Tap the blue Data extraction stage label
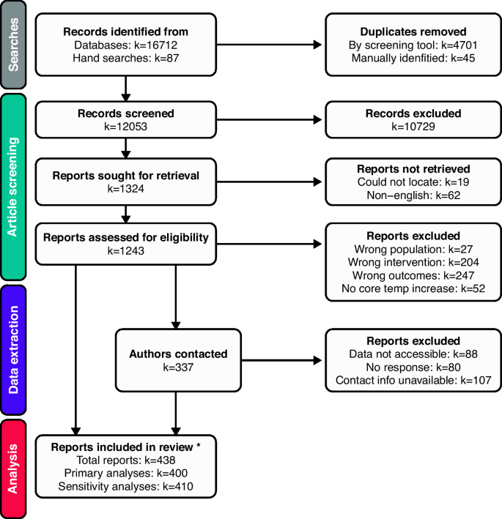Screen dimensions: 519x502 tap(15, 351)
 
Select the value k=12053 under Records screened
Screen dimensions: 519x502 tap(126, 127)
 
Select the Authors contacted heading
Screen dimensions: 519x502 tap(178, 353)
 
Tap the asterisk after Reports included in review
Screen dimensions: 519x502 tap(210, 444)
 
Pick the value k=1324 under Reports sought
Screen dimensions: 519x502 tap(126, 190)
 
